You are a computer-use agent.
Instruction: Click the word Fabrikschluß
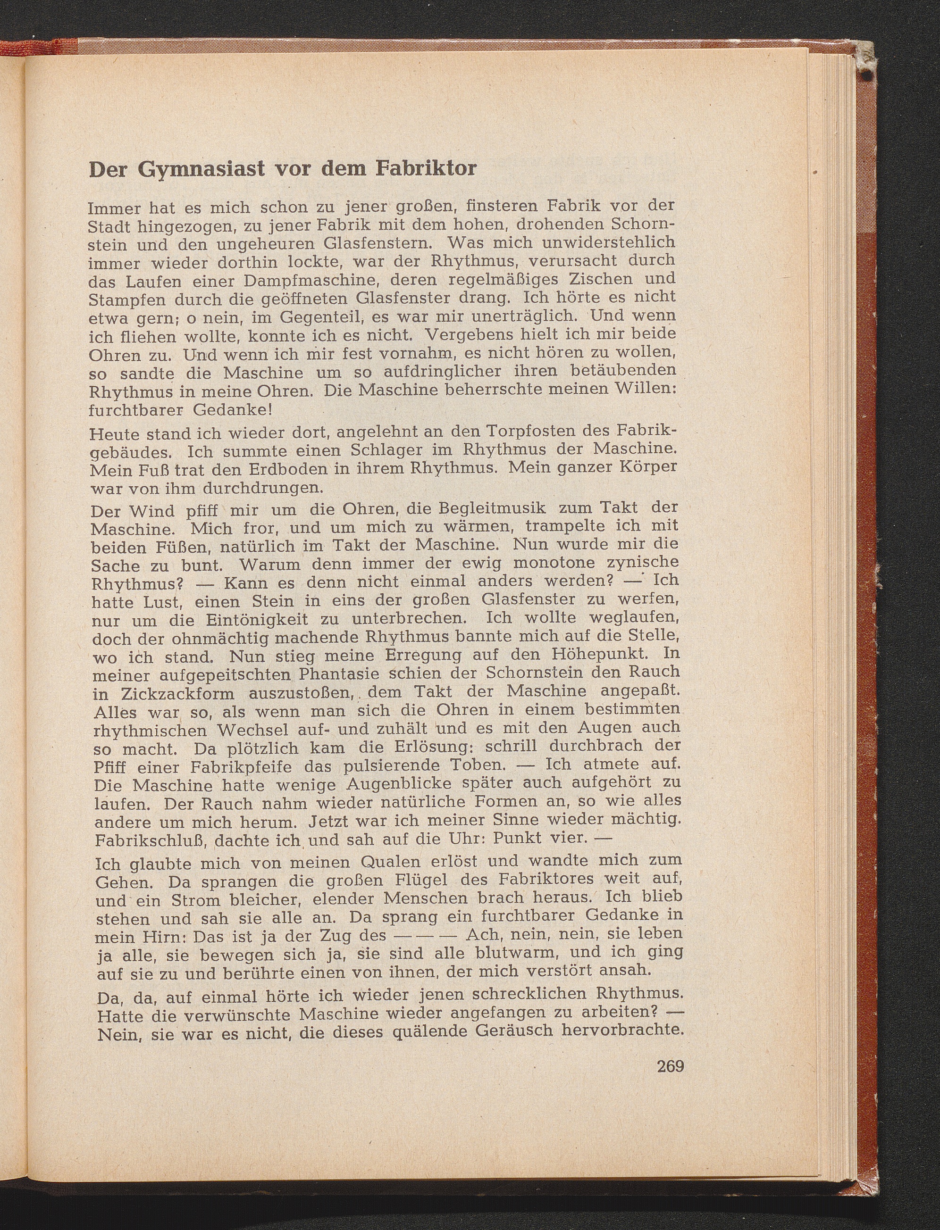151,840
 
